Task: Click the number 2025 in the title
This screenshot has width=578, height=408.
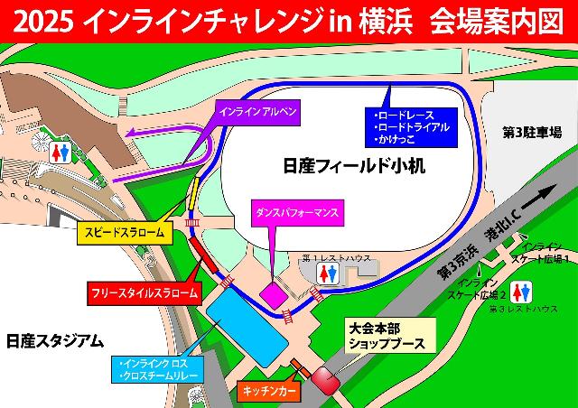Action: click(44, 21)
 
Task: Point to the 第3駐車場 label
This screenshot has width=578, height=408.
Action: click(531, 132)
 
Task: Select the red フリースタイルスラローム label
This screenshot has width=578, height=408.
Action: click(142, 292)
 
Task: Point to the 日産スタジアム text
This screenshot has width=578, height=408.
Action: click(54, 340)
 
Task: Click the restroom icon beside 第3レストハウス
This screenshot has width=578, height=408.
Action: click(521, 292)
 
